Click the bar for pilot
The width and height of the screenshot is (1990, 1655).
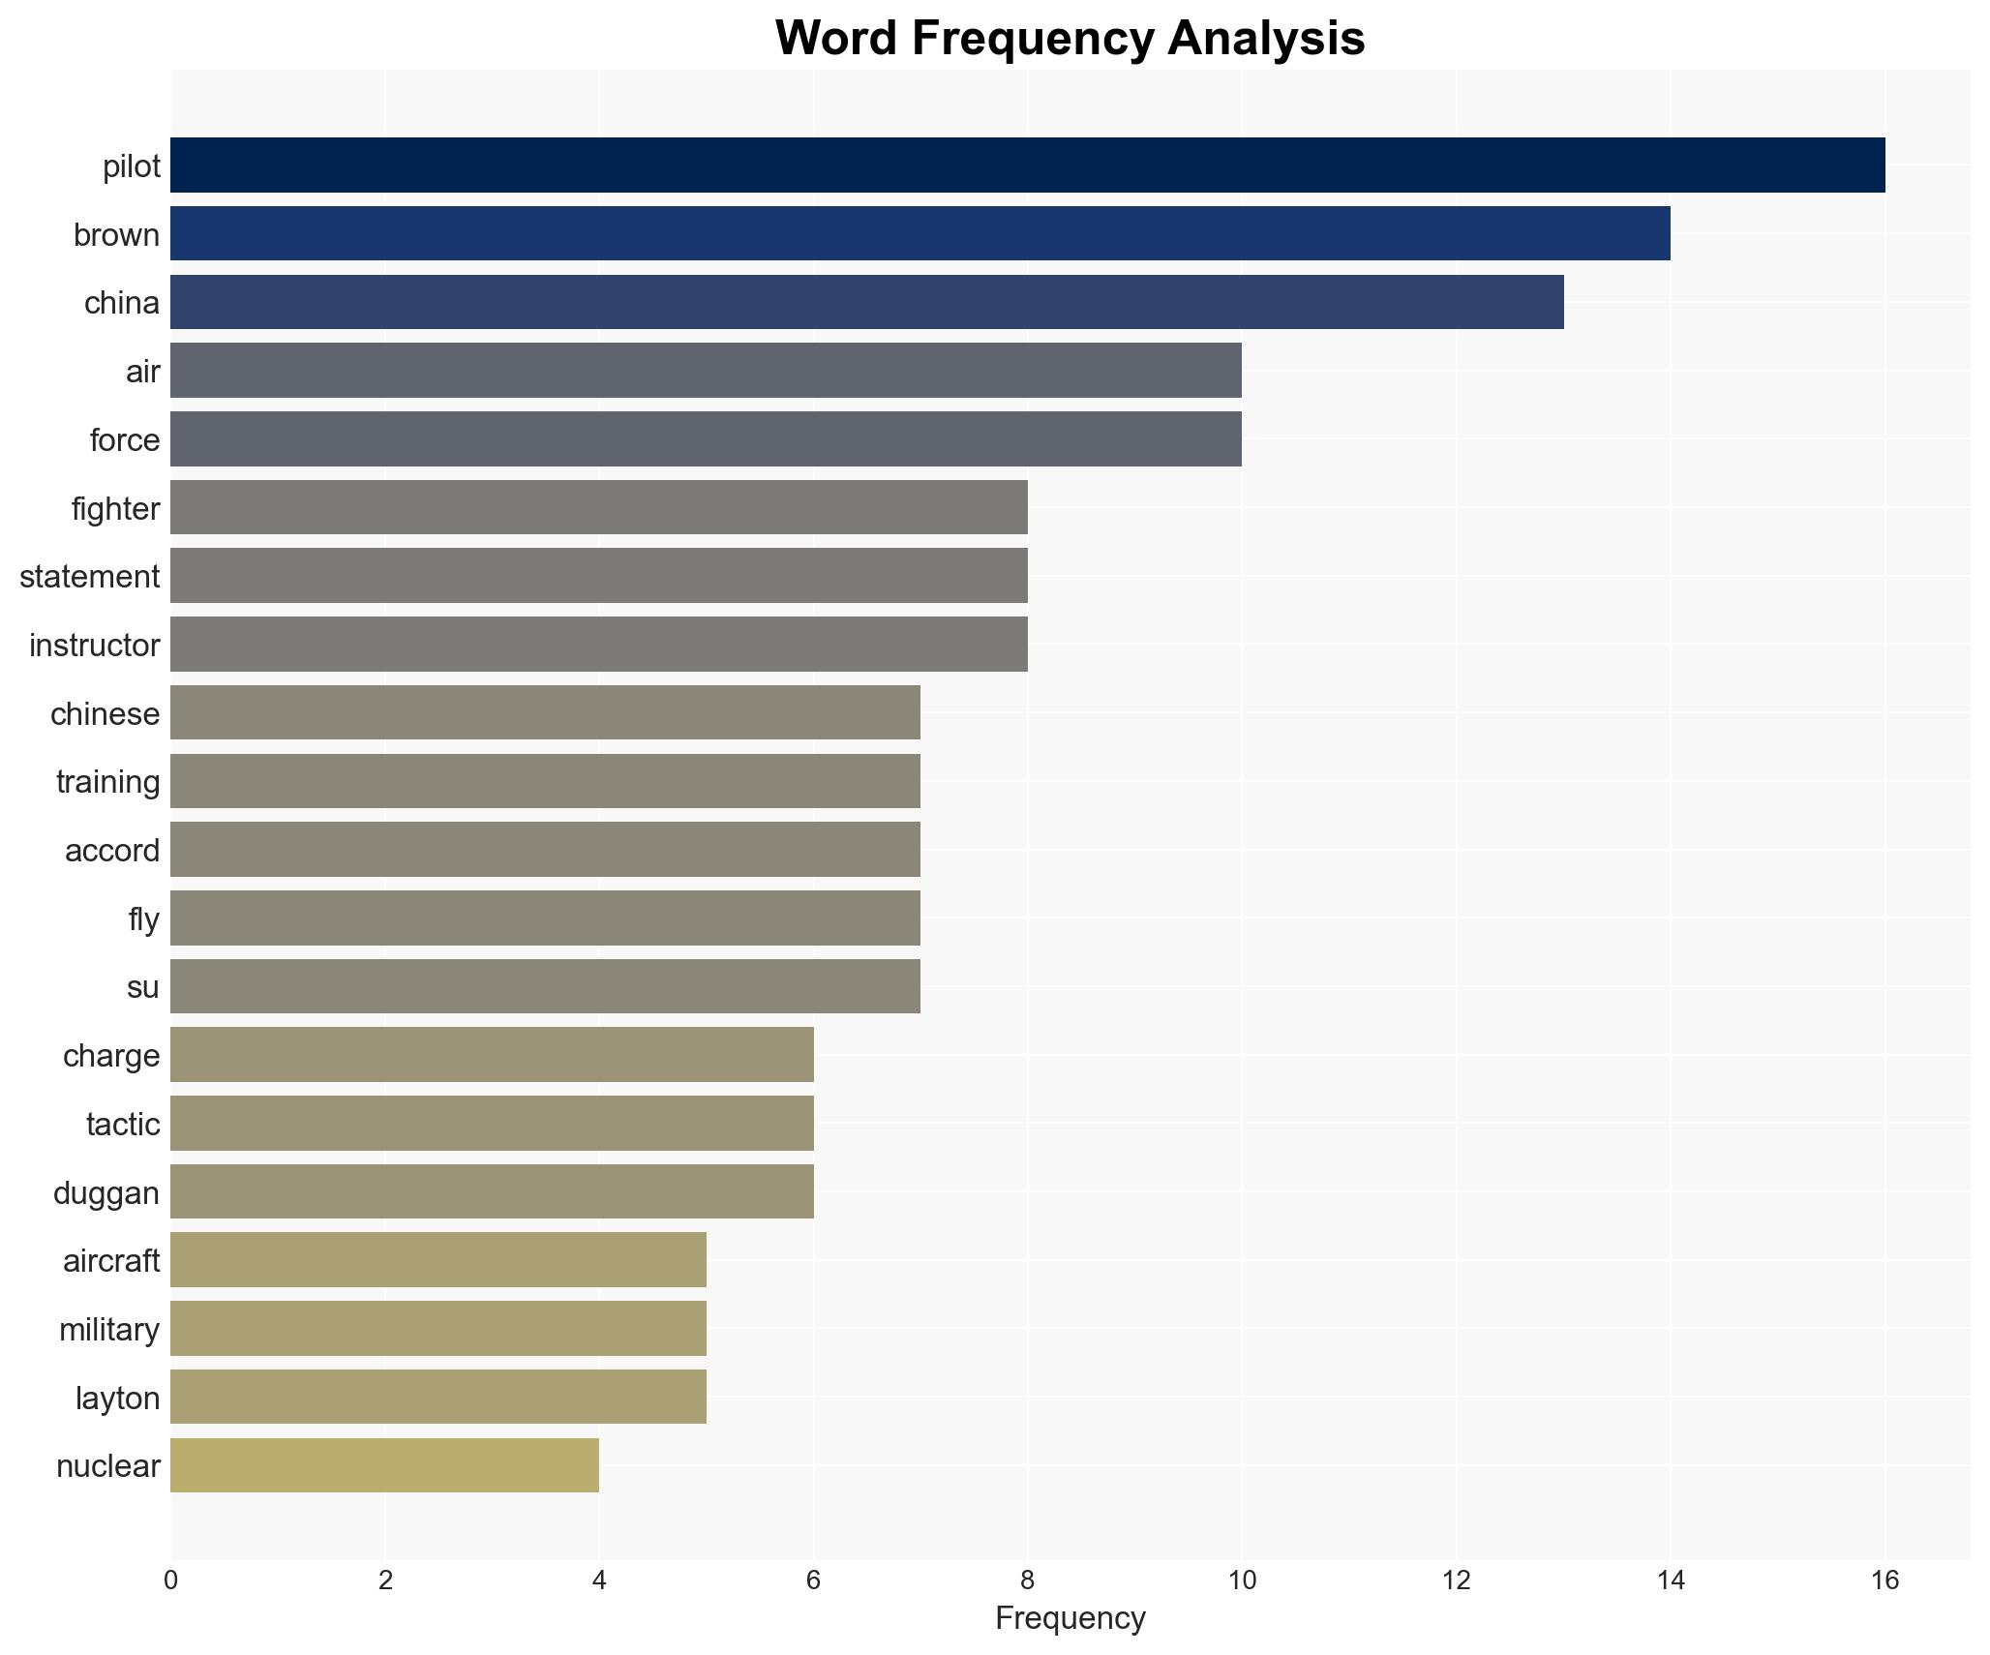[x=1027, y=165]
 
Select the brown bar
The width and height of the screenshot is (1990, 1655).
[x=920, y=234]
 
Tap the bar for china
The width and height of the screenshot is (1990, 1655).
[x=866, y=302]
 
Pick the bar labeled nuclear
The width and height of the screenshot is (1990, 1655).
[x=384, y=1465]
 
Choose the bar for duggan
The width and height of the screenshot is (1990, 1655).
[x=492, y=1191]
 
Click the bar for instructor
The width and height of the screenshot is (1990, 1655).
[x=598, y=645]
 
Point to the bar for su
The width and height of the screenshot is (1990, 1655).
[x=545, y=986]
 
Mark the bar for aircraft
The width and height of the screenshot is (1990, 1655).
[x=437, y=1260]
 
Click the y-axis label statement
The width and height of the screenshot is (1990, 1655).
[x=89, y=577]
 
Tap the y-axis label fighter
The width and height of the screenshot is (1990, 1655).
[x=115, y=508]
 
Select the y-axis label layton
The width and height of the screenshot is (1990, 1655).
[x=117, y=1398]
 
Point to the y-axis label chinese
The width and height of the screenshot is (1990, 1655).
[x=105, y=713]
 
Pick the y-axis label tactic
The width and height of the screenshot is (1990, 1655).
[x=123, y=1124]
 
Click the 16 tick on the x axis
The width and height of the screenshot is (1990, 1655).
[x=1884, y=1581]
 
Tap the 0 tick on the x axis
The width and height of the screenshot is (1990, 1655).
[x=171, y=1581]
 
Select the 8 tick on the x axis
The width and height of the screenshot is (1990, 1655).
[x=1028, y=1581]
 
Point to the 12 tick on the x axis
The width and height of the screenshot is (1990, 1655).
[x=1456, y=1581]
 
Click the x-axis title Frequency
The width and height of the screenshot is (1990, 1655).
[x=1070, y=1618]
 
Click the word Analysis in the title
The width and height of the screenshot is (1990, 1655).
[x=1266, y=39]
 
